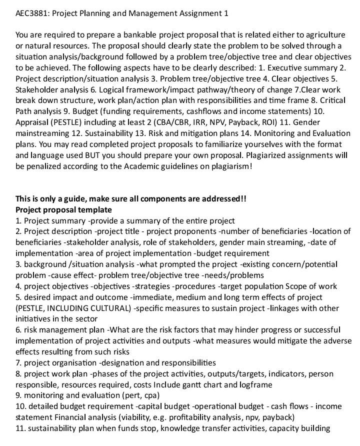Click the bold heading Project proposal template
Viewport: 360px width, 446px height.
tap(63, 210)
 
